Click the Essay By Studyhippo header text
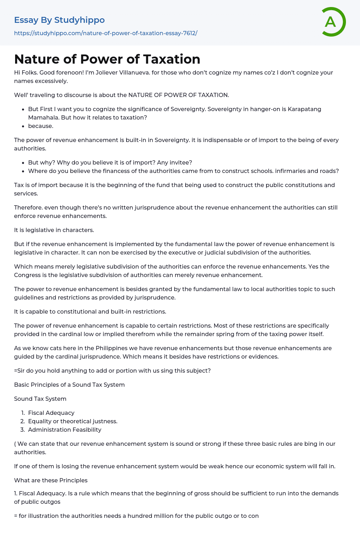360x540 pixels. click(59, 20)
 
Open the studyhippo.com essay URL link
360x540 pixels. click(105, 33)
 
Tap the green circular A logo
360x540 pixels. click(333, 22)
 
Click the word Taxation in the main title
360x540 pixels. click(172, 59)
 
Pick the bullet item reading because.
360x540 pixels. click(41, 126)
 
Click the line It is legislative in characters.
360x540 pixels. click(54, 230)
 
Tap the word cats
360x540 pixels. click(48, 348)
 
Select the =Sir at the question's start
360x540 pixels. click(19, 371)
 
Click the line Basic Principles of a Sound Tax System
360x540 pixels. click(69, 385)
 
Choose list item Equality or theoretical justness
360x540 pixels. click(72, 421)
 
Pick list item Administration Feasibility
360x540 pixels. click(65, 430)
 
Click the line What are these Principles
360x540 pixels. click(51, 480)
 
